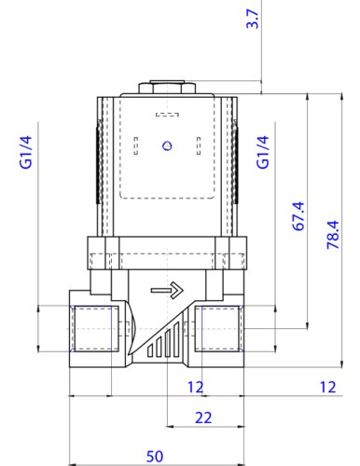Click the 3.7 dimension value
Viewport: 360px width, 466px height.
click(253, 19)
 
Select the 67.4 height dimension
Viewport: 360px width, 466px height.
click(298, 216)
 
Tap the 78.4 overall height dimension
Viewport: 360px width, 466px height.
click(333, 235)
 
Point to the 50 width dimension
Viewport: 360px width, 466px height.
click(155, 457)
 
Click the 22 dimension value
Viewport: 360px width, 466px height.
click(203, 418)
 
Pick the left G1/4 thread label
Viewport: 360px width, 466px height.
click(26, 152)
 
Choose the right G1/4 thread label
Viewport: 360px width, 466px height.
click(263, 152)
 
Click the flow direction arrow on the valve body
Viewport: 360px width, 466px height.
click(167, 290)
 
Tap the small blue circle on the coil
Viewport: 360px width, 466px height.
click(167, 145)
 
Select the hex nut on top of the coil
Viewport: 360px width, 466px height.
click(167, 88)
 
